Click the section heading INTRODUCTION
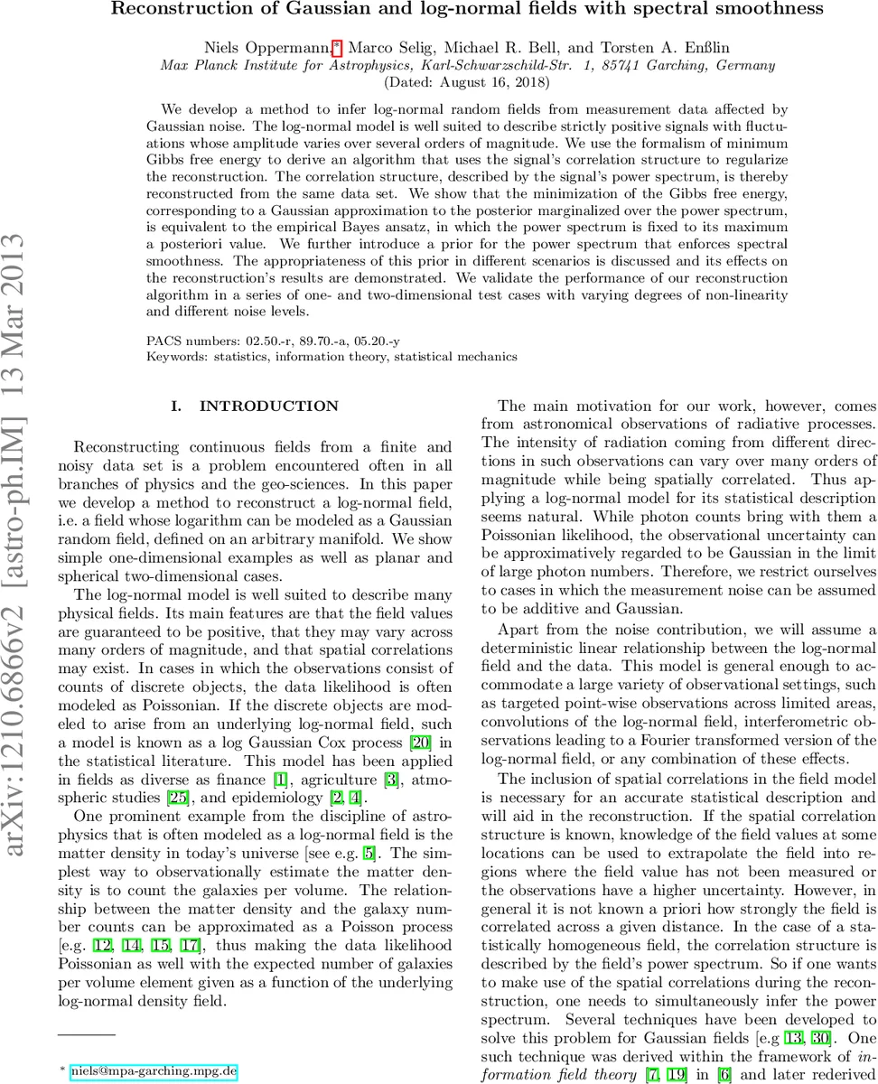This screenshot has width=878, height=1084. [x=256, y=406]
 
